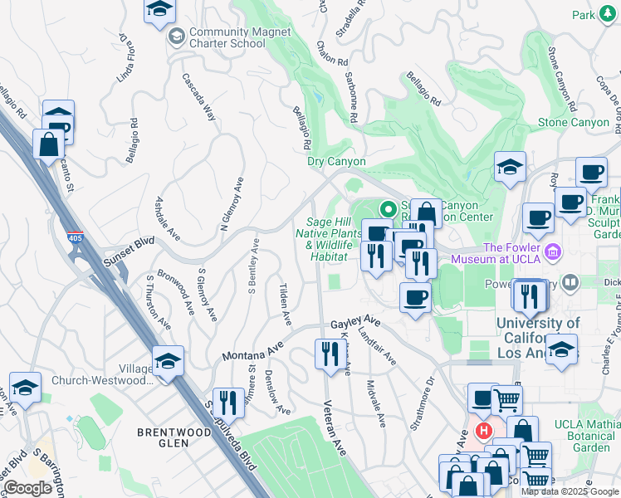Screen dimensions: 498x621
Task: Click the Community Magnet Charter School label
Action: click(227, 37)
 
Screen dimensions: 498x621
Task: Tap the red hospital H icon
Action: click(483, 432)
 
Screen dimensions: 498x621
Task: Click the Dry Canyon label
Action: click(336, 161)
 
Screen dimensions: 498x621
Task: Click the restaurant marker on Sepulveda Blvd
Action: click(228, 405)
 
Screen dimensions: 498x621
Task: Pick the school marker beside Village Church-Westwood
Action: click(168, 363)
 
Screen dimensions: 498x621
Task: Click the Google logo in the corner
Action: click(28, 488)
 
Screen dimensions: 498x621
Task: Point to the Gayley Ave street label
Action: click(355, 321)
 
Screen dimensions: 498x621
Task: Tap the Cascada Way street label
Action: click(200, 95)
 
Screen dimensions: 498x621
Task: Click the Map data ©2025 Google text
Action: click(570, 491)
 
